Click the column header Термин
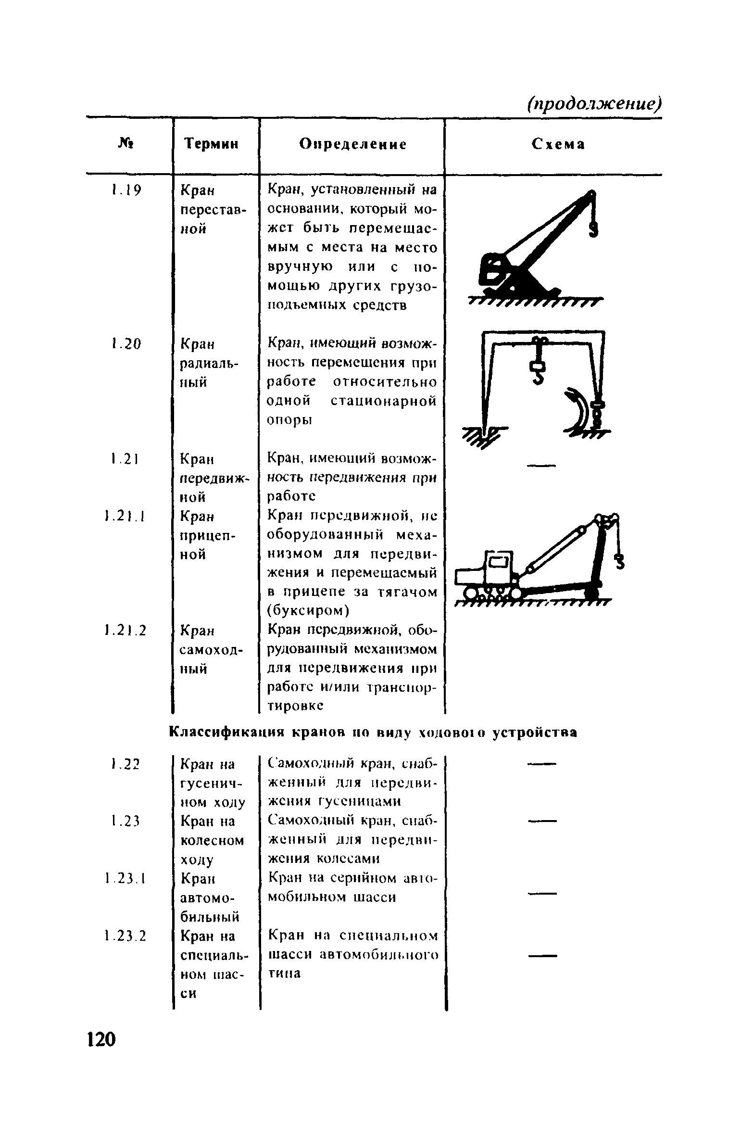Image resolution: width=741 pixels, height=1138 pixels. pyautogui.click(x=212, y=144)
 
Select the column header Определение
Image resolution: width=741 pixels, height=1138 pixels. pyautogui.click(x=352, y=144)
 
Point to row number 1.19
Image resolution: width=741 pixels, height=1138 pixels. pyautogui.click(x=126, y=191)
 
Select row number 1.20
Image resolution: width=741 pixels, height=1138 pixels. pyautogui.click(x=126, y=344)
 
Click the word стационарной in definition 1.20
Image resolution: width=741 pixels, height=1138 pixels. pyautogui.click(x=384, y=401)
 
